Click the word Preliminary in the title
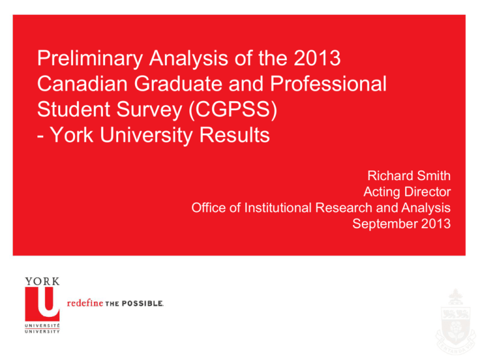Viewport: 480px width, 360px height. pyautogui.click(x=90, y=59)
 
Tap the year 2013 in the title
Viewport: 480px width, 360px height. pyautogui.click(x=317, y=58)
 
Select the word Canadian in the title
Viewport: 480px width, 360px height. pyautogui.click(x=82, y=84)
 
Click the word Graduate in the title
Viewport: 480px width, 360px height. pyautogui.click(x=178, y=84)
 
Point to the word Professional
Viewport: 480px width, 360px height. pyautogui.click(x=328, y=84)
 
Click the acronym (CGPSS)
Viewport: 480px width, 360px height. pyautogui.click(x=233, y=109)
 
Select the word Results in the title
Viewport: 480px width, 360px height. pyautogui.click(x=234, y=135)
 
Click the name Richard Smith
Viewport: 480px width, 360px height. pyautogui.click(x=409, y=176)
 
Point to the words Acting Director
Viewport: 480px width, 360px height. pyautogui.click(x=407, y=192)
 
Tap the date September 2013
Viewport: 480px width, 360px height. pyautogui.click(x=402, y=224)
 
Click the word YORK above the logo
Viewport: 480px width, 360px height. pyautogui.click(x=42, y=281)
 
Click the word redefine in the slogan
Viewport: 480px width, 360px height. pyautogui.click(x=85, y=303)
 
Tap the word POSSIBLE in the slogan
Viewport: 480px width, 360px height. pyautogui.click(x=142, y=303)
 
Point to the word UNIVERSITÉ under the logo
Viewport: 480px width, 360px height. pyautogui.click(x=42, y=326)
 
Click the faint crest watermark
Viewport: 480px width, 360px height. pyautogui.click(x=456, y=321)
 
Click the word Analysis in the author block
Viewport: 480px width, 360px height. pyautogui.click(x=426, y=208)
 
